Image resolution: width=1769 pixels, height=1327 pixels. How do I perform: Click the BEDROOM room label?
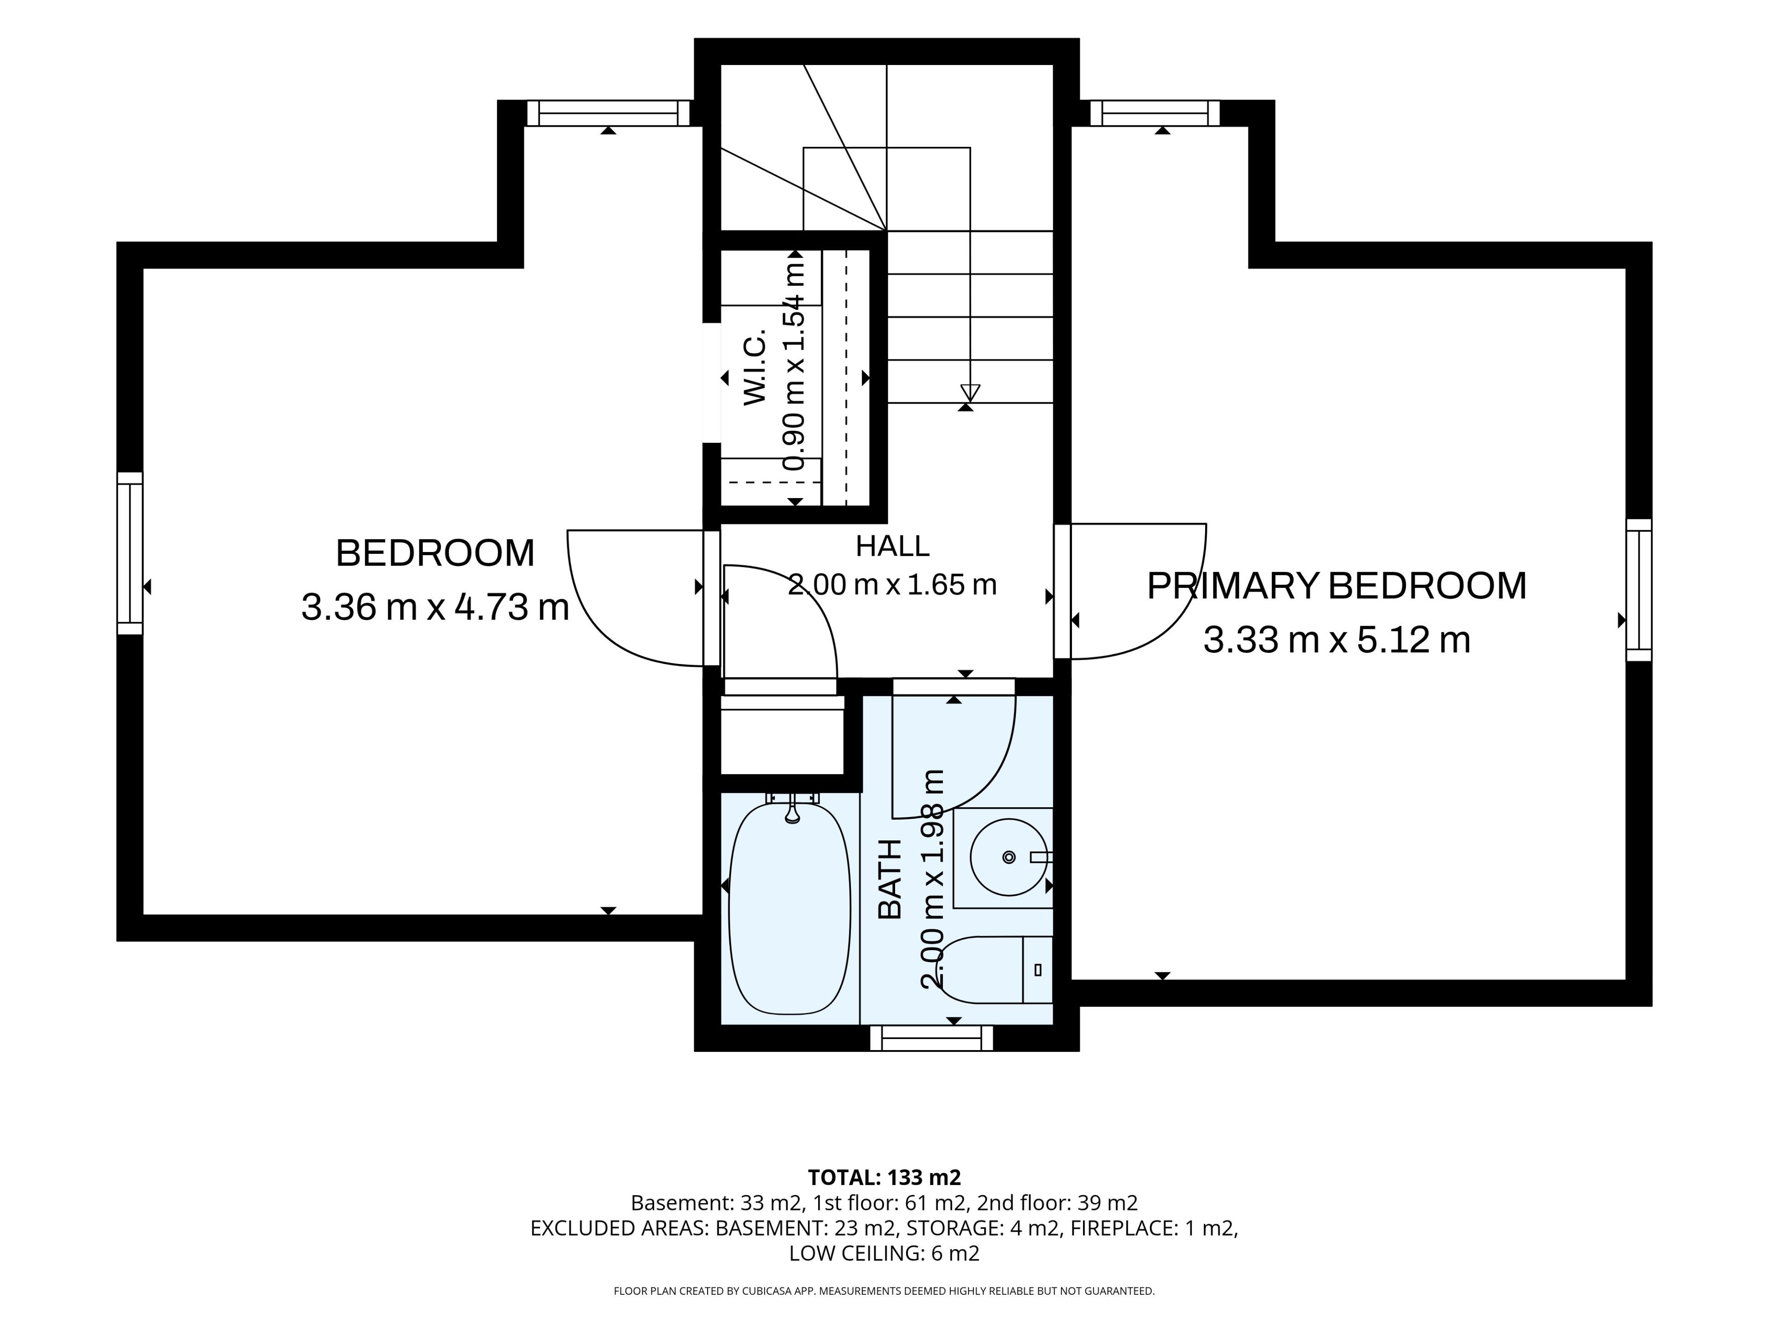435,553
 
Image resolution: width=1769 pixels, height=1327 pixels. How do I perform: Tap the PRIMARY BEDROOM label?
1336,586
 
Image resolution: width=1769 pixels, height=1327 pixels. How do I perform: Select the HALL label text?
892,546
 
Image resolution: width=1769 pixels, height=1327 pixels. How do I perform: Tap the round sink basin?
1008,857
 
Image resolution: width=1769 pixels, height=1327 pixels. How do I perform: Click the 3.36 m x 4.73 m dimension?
435,607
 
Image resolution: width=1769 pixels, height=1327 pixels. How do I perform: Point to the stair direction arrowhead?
970,393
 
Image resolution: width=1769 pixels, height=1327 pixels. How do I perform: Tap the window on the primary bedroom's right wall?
1639,590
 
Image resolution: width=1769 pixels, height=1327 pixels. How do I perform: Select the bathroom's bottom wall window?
931,1038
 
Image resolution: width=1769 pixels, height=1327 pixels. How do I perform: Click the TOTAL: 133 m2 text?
884,1177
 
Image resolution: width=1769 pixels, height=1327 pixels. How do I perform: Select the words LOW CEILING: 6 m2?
884,1253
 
